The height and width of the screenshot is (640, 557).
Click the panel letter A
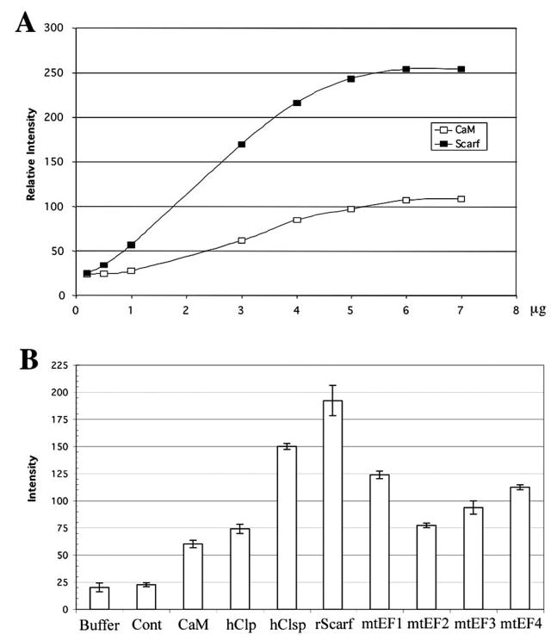coord(26,24)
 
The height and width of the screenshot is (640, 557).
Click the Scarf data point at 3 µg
coord(241,144)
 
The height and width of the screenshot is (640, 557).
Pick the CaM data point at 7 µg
coord(461,199)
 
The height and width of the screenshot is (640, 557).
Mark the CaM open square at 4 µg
coord(296,220)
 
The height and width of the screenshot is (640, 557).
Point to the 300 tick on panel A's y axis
coord(57,28)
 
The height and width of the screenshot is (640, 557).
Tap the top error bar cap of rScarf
coord(331,385)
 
